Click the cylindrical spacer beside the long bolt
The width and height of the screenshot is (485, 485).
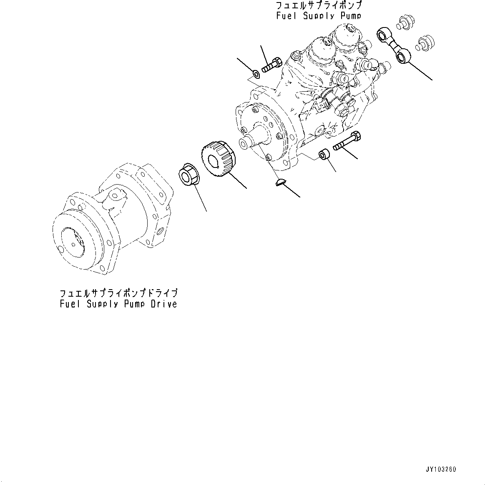click(325, 155)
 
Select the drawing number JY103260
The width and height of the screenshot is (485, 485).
click(441, 469)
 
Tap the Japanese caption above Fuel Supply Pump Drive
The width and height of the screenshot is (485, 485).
click(118, 292)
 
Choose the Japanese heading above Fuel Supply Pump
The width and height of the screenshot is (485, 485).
click(319, 5)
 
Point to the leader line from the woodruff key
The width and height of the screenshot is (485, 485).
click(292, 191)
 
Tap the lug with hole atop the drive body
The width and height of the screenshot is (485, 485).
click(116, 194)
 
